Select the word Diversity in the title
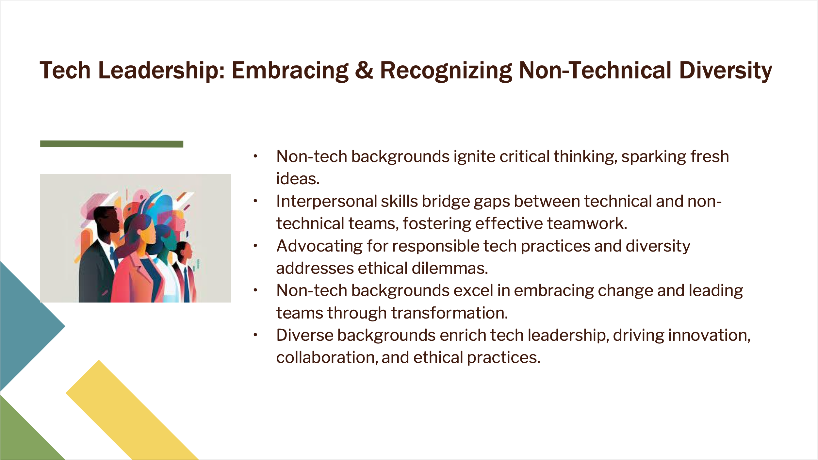(726, 71)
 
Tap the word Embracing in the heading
(290, 71)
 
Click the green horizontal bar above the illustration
(112, 144)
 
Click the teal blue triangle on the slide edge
(29, 326)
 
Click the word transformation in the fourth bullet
(450, 313)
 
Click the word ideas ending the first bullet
(298, 179)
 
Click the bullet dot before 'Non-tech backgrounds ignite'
(255, 156)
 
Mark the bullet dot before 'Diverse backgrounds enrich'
(255, 335)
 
